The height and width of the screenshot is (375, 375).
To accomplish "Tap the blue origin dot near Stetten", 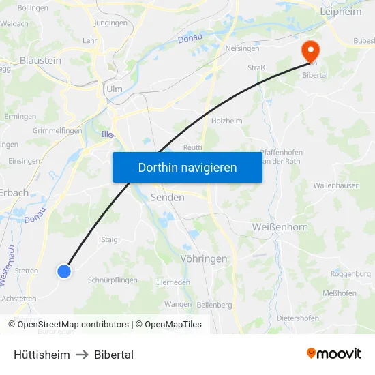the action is (64, 271).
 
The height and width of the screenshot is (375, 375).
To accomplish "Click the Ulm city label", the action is (114, 89).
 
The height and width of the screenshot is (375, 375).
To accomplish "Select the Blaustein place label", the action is (41, 61).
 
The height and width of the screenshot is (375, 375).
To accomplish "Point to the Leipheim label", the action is (341, 12).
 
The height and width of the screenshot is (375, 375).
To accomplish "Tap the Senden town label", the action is (167, 197).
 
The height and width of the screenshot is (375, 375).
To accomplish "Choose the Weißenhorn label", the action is (280, 227).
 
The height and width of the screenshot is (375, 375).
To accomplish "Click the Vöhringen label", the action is (204, 259).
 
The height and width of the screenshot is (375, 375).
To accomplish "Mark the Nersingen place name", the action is (242, 49).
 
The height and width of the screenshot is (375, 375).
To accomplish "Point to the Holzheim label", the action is (227, 121).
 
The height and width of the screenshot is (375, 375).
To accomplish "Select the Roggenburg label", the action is (350, 273).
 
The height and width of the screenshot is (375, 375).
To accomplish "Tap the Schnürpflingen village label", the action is (112, 280).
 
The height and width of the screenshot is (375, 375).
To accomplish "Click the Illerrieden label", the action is (173, 282).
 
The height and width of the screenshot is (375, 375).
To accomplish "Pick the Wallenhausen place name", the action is (336, 185).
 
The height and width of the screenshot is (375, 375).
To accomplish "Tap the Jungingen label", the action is (110, 22).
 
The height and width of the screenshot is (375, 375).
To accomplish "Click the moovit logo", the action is (334, 354).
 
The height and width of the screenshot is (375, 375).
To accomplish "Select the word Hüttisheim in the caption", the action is (42, 355).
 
